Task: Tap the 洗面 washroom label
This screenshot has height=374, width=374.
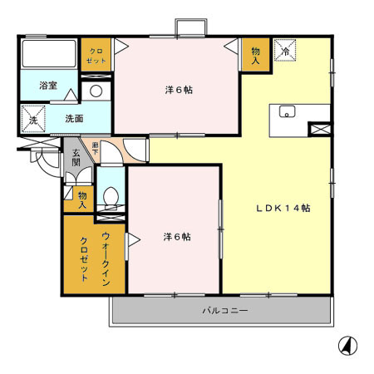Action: point(73,118)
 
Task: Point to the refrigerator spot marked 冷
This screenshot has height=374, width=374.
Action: point(286,51)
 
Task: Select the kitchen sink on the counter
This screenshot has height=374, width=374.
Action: point(288,112)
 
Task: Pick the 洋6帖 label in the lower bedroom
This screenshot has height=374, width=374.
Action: point(176,236)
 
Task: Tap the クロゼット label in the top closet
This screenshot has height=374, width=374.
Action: point(96,57)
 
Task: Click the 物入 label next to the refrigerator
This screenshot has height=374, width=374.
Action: point(255,56)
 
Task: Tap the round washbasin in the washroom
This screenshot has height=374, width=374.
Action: point(96,91)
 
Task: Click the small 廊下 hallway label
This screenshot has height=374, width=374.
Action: point(96,146)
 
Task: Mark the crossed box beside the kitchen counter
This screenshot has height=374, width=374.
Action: point(319,129)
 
